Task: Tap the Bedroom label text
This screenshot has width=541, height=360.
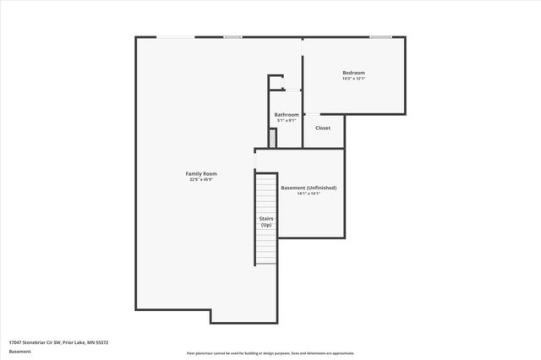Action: click(x=353, y=73)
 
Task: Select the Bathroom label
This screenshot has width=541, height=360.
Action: click(x=287, y=114)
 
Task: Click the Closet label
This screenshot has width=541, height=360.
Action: click(x=323, y=128)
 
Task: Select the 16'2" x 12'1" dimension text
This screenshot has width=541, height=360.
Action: click(x=353, y=79)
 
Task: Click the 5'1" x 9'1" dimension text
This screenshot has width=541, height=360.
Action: click(x=287, y=120)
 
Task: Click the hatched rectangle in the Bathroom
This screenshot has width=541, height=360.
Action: click(x=272, y=139)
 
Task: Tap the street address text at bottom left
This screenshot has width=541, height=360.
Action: click(x=58, y=342)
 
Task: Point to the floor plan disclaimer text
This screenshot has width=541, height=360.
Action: click(x=270, y=353)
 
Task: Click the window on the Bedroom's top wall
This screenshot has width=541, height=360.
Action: click(x=380, y=37)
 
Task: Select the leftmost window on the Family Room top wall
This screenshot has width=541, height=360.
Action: click(x=177, y=37)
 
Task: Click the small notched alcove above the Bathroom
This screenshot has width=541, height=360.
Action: click(x=276, y=83)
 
